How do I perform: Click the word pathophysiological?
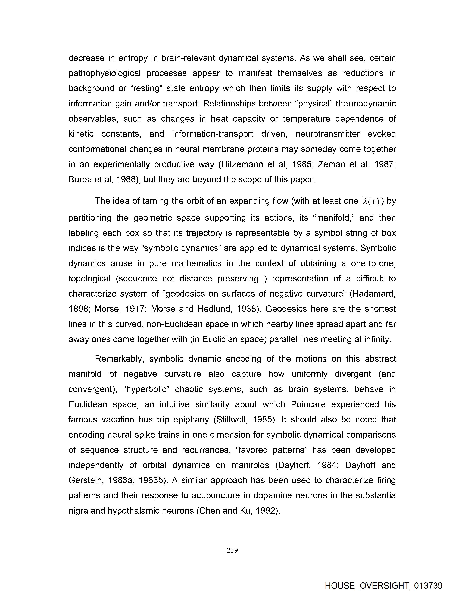tap(105, 73)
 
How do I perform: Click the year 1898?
tap(78, 309)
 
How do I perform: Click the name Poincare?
tap(308, 404)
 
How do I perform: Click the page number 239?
tap(232, 551)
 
